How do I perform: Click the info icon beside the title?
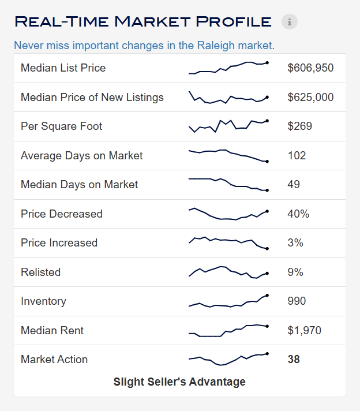coord(290,21)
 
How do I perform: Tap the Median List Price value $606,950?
coord(310,68)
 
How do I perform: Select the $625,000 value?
coord(310,97)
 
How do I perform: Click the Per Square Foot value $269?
coord(300,126)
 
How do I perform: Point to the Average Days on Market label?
coord(82,156)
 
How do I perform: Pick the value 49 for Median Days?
coord(294,185)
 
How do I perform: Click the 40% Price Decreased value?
coord(298,214)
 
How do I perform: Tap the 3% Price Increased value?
coord(295,242)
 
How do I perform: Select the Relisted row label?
coord(40,272)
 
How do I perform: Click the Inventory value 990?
coord(297,301)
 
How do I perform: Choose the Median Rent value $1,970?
coord(305,331)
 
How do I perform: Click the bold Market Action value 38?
coord(294,360)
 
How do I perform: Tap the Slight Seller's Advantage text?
coord(179,382)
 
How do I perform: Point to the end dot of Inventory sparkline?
coord(267,296)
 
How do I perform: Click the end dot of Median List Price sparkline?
coord(267,63)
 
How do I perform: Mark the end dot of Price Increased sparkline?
coord(267,249)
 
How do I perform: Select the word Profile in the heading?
coord(234,21)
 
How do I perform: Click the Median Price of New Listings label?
coord(92,97)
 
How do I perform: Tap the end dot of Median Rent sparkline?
coord(267,326)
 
